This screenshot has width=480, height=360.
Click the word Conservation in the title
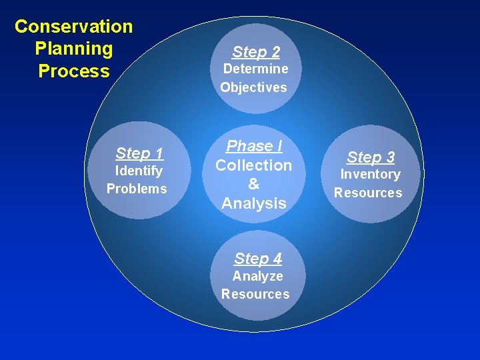[73, 27]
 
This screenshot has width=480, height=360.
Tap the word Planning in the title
[73, 49]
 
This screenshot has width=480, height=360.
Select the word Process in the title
[73, 71]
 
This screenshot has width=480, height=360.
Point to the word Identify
[138, 171]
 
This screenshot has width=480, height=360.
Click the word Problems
[137, 189]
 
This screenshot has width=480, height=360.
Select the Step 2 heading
[256, 52]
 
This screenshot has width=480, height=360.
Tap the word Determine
[255, 69]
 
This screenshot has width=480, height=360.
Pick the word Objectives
[253, 87]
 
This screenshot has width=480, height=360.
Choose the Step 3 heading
[371, 157]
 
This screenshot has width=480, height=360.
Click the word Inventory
[370, 175]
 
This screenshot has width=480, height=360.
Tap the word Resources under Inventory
[368, 193]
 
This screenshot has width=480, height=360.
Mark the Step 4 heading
[258, 259]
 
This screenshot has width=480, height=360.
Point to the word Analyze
[257, 276]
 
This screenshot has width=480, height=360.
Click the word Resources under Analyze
[255, 294]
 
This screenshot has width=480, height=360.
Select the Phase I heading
[254, 146]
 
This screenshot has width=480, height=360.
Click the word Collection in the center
[253, 165]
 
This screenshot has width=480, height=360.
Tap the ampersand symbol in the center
[253, 184]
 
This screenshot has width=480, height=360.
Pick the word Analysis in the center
[253, 203]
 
